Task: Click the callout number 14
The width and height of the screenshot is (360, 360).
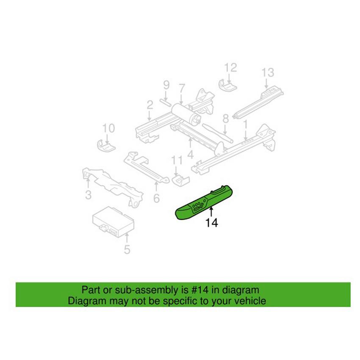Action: (x=211, y=222)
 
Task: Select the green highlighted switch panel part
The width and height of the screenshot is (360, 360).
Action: (x=205, y=202)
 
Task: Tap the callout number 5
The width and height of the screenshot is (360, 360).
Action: (x=127, y=249)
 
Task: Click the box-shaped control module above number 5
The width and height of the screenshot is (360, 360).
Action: (x=113, y=222)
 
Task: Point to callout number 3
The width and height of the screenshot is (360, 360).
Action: (x=88, y=195)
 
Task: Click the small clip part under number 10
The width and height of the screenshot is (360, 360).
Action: (x=106, y=146)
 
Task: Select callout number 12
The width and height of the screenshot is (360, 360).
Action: (x=230, y=67)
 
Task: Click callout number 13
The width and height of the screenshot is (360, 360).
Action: (x=268, y=72)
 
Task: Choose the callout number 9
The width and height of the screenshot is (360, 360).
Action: (x=166, y=85)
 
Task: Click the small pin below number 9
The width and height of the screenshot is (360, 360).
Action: (x=165, y=102)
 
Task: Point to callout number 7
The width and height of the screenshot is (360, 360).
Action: (x=182, y=88)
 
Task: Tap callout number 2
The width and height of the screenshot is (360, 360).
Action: (x=150, y=105)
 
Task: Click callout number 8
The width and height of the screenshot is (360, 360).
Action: (x=226, y=119)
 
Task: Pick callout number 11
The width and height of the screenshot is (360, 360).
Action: (x=177, y=160)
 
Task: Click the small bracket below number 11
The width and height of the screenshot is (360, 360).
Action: (x=180, y=180)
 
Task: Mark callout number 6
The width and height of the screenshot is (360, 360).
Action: (x=156, y=198)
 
